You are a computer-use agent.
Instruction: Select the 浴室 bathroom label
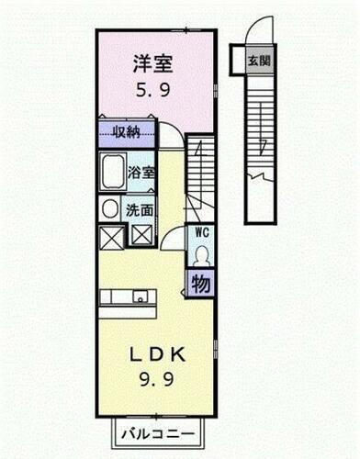pos(141,173)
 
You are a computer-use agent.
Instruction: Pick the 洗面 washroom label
pos(141,208)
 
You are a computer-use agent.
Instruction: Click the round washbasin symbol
pos(110,208)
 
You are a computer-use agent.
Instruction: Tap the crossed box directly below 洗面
pos(142,234)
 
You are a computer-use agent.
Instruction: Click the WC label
pos(201,233)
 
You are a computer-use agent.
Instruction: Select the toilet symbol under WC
pos(201,255)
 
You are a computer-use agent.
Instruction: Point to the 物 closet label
pos(200,284)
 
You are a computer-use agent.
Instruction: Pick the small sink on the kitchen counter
pos(140,297)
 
